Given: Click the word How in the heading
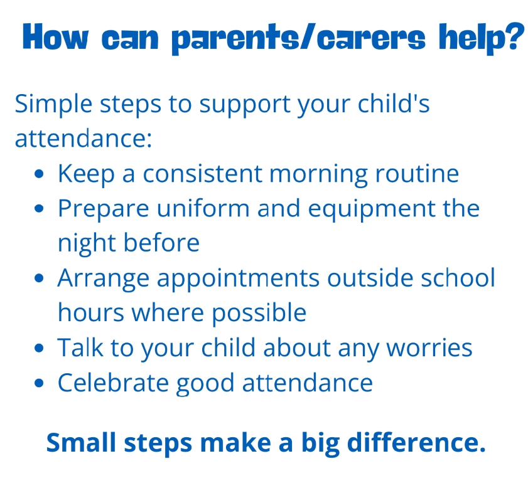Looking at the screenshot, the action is pyautogui.click(x=56, y=36).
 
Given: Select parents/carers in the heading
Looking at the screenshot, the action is pyautogui.click(x=299, y=38).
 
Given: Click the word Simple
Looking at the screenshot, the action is pyautogui.click(x=53, y=105).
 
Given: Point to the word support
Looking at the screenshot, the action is pyautogui.click(x=244, y=105).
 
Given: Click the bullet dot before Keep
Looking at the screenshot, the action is pyautogui.click(x=39, y=174).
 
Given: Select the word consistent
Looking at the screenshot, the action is pyautogui.click(x=202, y=174).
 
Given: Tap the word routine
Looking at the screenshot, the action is pyautogui.click(x=417, y=174).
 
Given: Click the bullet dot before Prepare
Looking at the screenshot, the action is pyautogui.click(x=39, y=208).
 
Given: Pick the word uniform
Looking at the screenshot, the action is pyautogui.click(x=203, y=208).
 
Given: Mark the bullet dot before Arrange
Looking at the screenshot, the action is pyautogui.click(x=39, y=278).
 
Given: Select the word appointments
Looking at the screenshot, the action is pyautogui.click(x=238, y=279).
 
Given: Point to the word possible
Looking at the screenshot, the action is pyautogui.click(x=259, y=314).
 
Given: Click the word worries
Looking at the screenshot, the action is pyautogui.click(x=429, y=348).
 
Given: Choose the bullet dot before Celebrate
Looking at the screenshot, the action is pyautogui.click(x=39, y=383).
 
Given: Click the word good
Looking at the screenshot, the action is pyautogui.click(x=205, y=384).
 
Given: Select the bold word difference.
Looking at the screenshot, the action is pyautogui.click(x=416, y=443).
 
